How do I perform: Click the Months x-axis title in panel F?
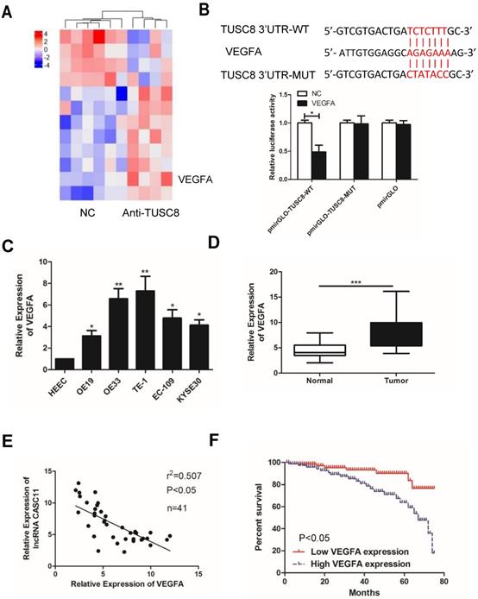tap(360, 593)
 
